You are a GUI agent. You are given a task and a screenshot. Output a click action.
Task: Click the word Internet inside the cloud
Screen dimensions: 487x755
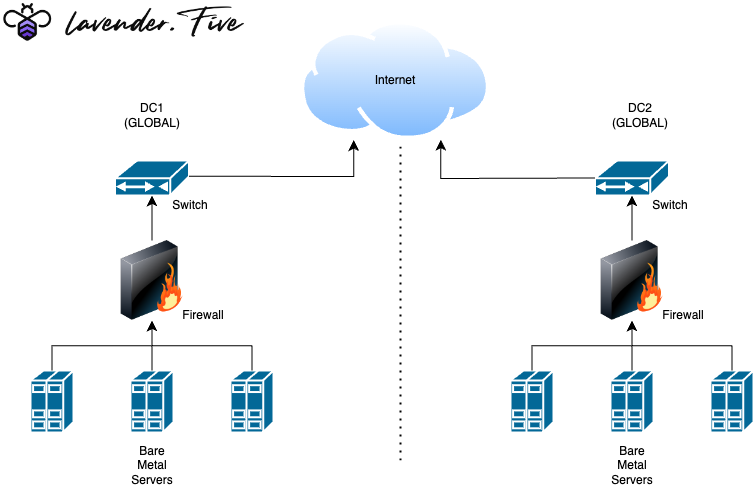[x=394, y=80]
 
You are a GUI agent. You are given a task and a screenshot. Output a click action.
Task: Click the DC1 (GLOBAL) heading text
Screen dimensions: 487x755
[x=152, y=115]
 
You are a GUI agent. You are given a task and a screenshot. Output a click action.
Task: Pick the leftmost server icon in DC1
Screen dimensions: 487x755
[x=52, y=403]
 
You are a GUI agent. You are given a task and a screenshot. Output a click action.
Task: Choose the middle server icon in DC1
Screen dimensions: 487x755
[x=152, y=403]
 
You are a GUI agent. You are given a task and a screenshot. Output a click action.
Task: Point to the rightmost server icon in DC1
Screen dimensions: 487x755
[x=252, y=403]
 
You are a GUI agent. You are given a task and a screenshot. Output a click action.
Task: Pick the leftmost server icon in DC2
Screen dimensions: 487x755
[x=532, y=403]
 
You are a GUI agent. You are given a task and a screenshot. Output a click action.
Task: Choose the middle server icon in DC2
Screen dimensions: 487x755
[x=632, y=403]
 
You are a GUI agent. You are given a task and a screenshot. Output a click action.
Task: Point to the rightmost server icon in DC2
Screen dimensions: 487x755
[x=731, y=403]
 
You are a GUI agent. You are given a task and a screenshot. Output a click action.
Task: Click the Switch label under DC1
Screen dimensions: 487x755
[x=190, y=205]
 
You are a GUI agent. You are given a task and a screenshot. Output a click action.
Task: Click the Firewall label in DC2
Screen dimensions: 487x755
[x=683, y=315]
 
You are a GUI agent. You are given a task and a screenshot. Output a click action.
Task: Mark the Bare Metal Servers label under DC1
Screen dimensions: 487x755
[x=152, y=465]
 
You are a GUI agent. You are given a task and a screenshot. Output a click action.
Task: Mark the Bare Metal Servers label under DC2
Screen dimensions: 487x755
[x=632, y=465]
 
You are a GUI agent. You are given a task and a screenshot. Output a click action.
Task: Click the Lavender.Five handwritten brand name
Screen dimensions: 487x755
[x=150, y=22]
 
